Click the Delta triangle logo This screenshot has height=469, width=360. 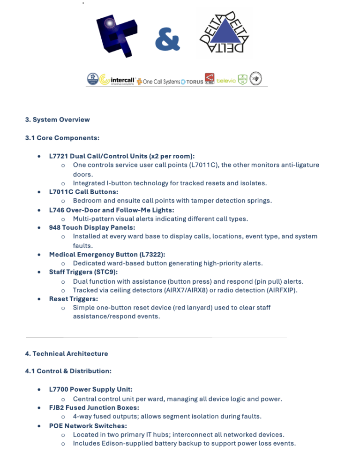click(x=224, y=33)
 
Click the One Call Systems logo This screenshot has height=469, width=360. click(x=158, y=82)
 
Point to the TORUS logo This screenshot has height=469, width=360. click(x=192, y=82)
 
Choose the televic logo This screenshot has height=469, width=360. click(x=226, y=81)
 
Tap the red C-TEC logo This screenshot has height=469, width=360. click(x=210, y=80)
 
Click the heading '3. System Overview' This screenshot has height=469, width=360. click(x=57, y=120)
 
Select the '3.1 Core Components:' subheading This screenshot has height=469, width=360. click(x=62, y=138)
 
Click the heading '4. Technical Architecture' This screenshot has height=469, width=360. click(x=67, y=354)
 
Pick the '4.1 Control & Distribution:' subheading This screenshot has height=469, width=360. click(x=68, y=371)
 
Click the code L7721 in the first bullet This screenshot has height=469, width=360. click(x=59, y=156)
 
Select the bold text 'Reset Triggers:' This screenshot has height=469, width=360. click(x=74, y=299)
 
